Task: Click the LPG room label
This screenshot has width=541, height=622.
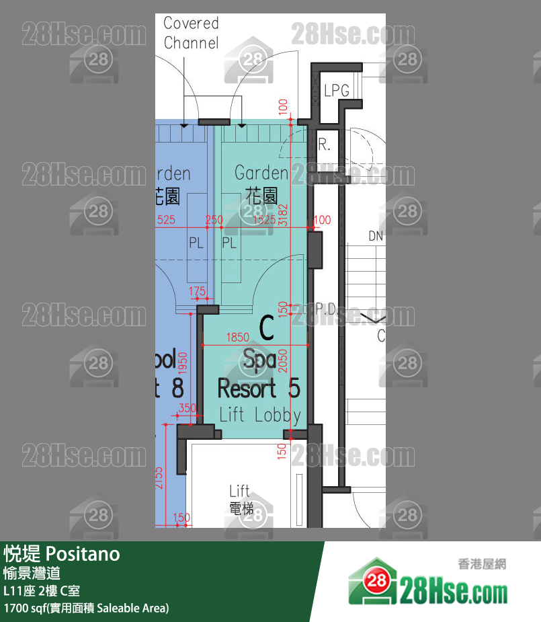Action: tap(337, 90)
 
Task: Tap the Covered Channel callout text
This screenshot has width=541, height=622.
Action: tap(191, 33)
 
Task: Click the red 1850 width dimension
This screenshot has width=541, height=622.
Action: tap(238, 338)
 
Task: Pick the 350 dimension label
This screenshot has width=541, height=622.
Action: tap(188, 408)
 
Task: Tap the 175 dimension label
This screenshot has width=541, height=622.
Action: tap(197, 290)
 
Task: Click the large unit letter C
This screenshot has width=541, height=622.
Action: tap(266, 329)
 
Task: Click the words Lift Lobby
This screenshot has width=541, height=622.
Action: tap(260, 415)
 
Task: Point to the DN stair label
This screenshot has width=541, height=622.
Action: tap(376, 236)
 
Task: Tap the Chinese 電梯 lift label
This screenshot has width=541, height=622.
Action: tap(240, 509)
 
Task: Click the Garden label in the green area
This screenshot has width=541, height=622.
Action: tap(261, 173)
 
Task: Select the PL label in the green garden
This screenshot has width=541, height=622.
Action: tap(229, 243)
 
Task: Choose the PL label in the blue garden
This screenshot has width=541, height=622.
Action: tap(196, 243)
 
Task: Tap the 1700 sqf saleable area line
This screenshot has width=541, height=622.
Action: tap(86, 608)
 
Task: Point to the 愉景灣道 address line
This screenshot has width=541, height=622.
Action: tap(32, 574)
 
